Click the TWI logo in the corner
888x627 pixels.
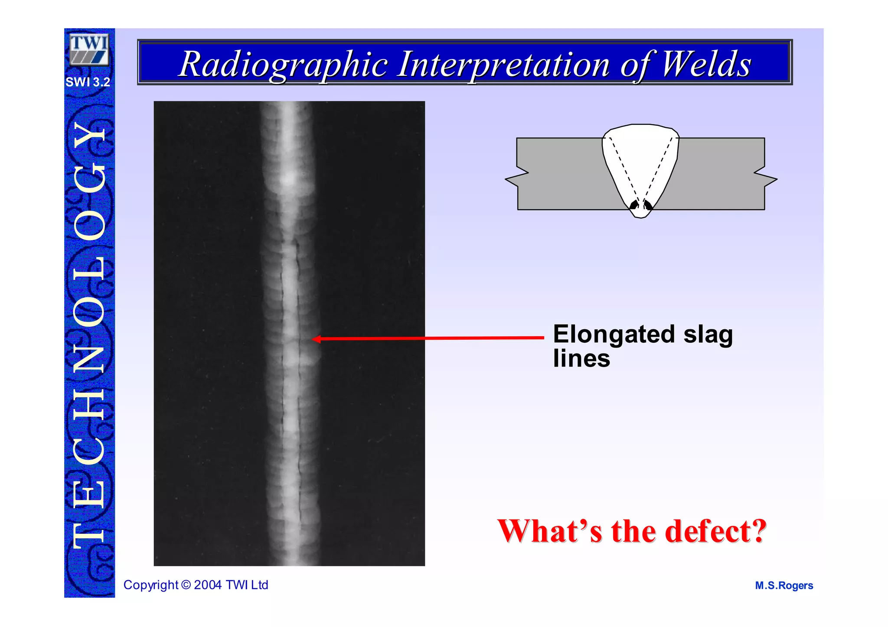point(89,50)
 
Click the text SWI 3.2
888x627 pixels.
point(88,82)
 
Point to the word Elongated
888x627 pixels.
point(614,335)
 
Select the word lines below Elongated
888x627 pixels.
point(581,359)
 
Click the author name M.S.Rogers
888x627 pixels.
point(784,585)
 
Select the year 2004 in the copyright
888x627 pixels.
point(208,585)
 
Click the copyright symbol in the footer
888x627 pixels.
point(186,585)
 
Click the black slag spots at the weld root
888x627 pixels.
point(640,205)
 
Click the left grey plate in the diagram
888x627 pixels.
point(559,173)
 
